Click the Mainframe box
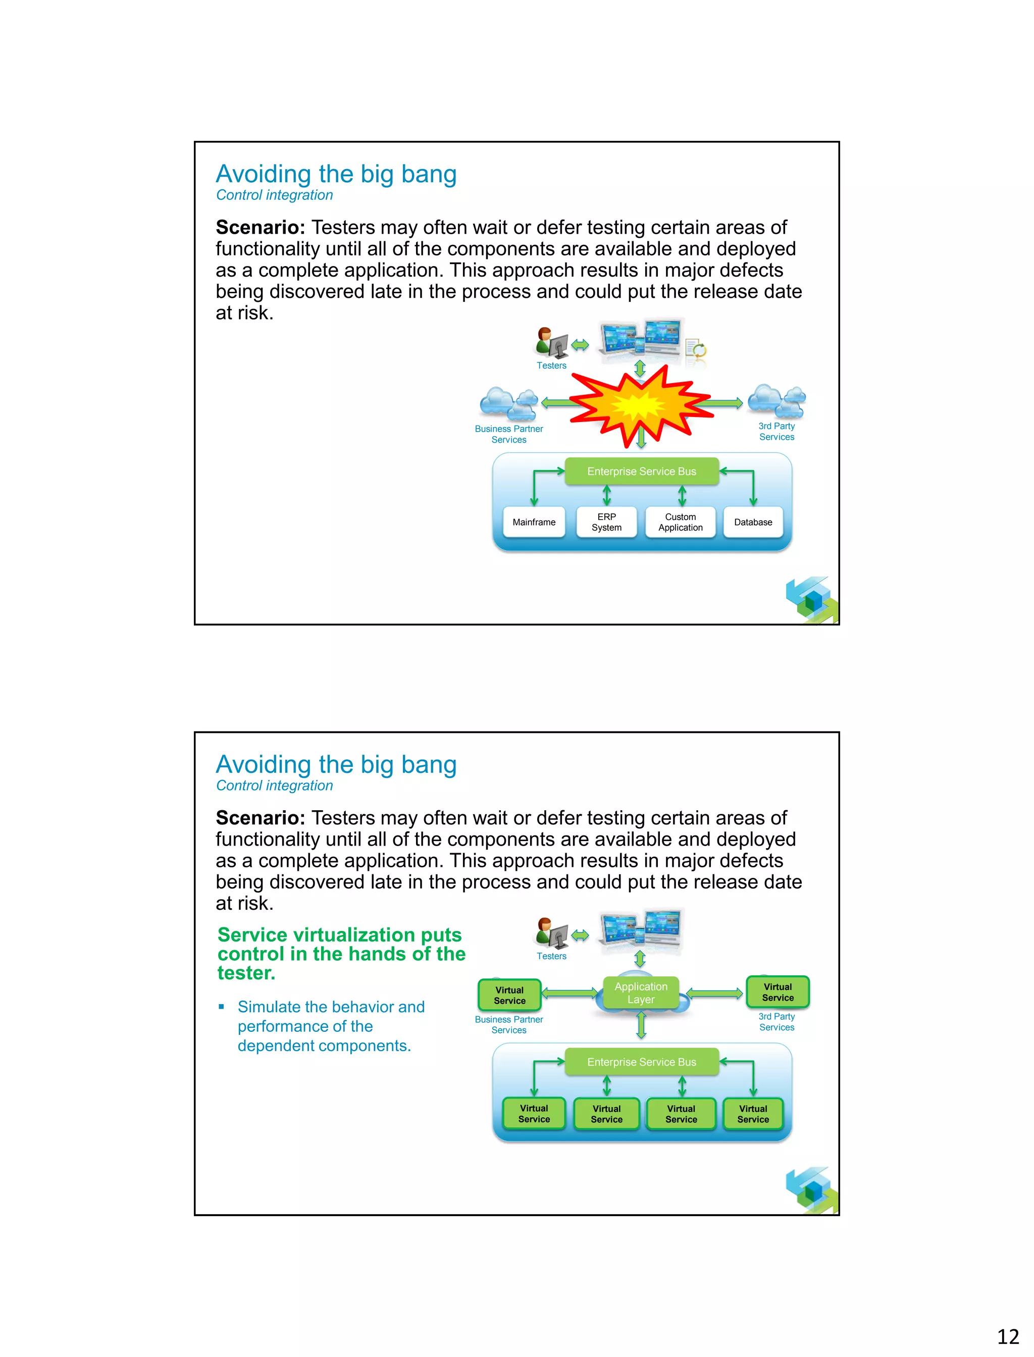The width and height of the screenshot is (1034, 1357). (x=534, y=522)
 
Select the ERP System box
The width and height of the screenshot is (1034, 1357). (x=606, y=522)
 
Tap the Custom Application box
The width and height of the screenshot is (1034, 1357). (x=680, y=522)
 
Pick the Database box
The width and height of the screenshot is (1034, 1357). (x=753, y=522)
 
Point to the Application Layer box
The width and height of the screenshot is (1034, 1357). (x=641, y=992)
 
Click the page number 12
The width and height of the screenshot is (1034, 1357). (x=1008, y=1336)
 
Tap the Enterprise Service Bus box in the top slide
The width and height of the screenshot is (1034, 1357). (x=641, y=472)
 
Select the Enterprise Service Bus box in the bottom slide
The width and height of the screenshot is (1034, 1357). (x=641, y=1062)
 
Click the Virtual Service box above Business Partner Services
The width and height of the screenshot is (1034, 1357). (x=509, y=995)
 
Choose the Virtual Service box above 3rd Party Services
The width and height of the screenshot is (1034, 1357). (x=778, y=992)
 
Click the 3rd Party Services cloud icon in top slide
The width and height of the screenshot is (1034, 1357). (x=777, y=401)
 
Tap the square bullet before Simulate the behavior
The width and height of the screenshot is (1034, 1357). (x=222, y=1007)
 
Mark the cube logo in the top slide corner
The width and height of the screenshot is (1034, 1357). (x=812, y=599)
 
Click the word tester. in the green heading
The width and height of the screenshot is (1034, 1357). (x=246, y=973)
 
